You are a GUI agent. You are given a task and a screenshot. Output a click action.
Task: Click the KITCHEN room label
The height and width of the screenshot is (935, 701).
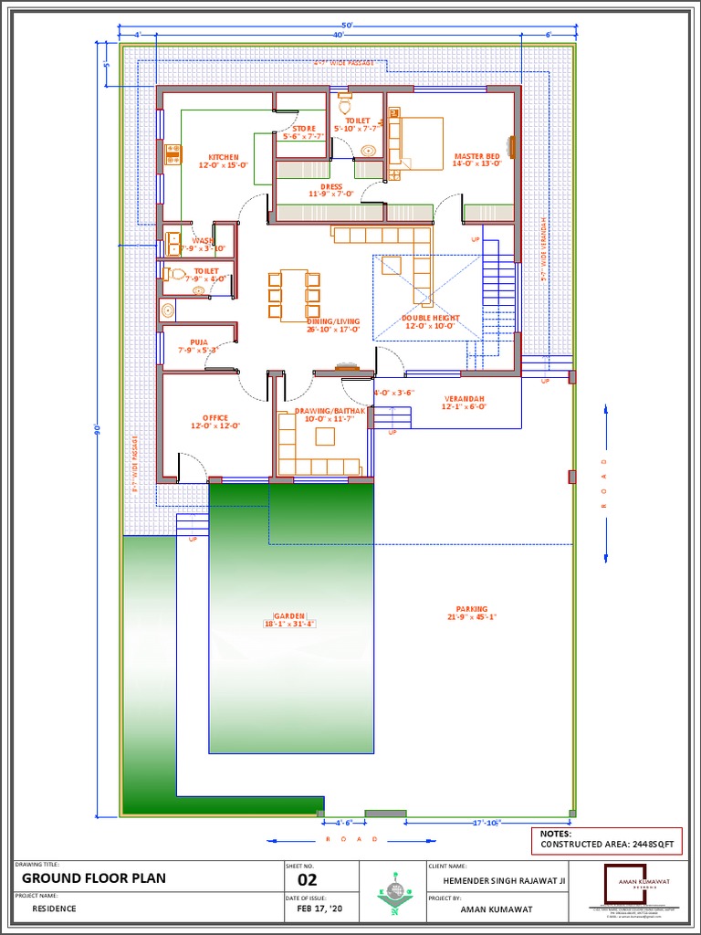tap(223, 157)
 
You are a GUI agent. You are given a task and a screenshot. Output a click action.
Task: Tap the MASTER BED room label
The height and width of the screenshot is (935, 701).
tap(476, 157)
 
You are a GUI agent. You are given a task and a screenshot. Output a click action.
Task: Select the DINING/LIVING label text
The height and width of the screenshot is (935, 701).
tap(333, 321)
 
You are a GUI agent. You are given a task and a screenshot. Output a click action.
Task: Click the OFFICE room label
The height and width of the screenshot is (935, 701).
tap(214, 418)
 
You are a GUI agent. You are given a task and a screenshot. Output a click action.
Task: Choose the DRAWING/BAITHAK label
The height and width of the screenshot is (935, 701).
tap(330, 412)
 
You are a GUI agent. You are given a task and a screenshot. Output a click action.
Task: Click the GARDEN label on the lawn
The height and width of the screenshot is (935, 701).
tap(289, 616)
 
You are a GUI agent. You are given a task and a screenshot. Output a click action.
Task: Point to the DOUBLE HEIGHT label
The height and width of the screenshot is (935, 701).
tap(431, 319)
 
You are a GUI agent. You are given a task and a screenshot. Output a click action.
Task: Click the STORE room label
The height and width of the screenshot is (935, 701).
tap(304, 129)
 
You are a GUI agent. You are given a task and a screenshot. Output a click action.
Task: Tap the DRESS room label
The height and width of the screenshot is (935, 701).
tap(330, 187)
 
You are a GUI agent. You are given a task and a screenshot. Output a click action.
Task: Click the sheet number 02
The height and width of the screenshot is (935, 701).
tap(308, 880)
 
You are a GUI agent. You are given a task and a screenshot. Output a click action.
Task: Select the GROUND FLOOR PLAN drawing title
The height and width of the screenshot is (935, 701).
tap(94, 878)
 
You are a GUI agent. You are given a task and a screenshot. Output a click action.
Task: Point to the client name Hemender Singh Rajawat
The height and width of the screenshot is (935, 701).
tap(504, 880)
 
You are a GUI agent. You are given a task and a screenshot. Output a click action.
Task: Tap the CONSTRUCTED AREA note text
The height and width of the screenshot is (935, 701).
tap(607, 845)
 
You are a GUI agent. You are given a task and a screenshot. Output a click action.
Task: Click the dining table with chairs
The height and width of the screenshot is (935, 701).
tap(294, 294)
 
